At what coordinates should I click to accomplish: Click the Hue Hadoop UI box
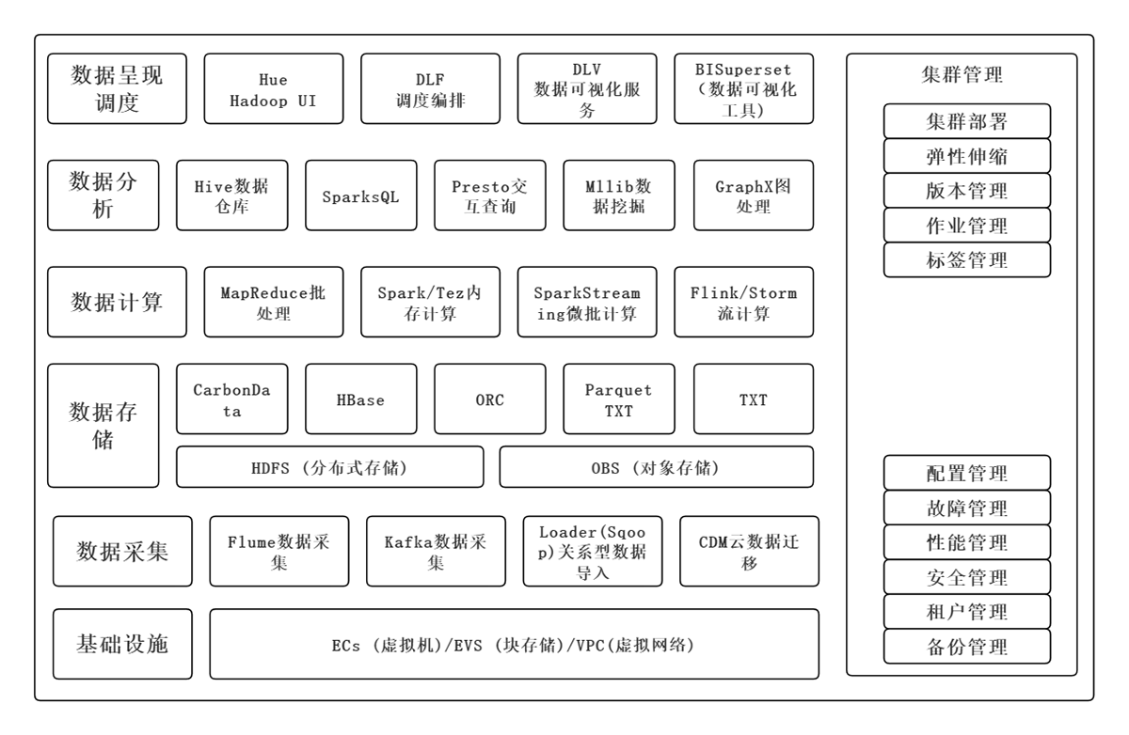click(x=274, y=88)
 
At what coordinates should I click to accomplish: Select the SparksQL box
click(x=361, y=195)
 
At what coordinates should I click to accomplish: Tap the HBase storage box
click(x=361, y=399)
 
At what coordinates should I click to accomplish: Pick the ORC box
click(x=490, y=399)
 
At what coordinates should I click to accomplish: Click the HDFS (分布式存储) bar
click(x=330, y=467)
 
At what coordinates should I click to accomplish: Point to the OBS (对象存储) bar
click(x=657, y=467)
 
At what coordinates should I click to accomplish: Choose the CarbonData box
click(x=232, y=399)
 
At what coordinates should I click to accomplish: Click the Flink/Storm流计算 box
click(x=744, y=302)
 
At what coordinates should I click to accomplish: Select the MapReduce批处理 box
click(x=274, y=302)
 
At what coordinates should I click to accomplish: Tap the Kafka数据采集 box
click(x=436, y=551)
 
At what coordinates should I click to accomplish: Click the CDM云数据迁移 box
click(x=750, y=551)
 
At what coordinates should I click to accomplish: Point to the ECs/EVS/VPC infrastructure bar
click(x=515, y=644)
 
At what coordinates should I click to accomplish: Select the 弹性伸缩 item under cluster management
click(x=967, y=156)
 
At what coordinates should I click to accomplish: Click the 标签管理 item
click(x=967, y=259)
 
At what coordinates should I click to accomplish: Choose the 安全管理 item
click(x=967, y=577)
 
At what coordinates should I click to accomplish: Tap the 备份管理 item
click(x=967, y=647)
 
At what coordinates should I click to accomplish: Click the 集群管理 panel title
click(x=962, y=74)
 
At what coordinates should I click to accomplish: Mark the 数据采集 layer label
click(x=122, y=551)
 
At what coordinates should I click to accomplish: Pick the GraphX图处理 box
click(x=754, y=195)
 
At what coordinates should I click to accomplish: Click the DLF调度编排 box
click(x=431, y=88)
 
